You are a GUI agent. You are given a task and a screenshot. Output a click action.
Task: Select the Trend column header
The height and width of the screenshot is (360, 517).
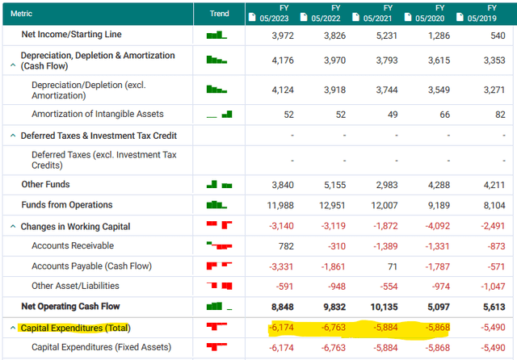[x=219, y=13]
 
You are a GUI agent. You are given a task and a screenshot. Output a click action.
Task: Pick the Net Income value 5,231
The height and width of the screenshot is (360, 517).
[x=386, y=36]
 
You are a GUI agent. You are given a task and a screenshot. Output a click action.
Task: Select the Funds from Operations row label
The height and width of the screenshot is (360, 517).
[x=66, y=205]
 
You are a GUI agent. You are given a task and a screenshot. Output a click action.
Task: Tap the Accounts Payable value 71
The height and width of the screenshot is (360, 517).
[x=392, y=266]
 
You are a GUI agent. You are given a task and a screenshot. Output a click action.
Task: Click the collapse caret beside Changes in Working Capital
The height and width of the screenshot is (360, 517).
[x=12, y=227]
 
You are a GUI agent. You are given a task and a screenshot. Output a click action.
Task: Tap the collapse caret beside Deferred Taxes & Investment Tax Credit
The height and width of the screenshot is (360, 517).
[x=12, y=136]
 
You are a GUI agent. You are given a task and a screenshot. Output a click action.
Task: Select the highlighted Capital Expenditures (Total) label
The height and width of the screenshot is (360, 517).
[x=74, y=328]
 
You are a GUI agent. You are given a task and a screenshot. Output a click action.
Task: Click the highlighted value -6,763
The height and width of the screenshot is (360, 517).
[x=335, y=328]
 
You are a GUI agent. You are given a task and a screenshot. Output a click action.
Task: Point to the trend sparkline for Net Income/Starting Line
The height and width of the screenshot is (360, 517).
[x=217, y=36]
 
